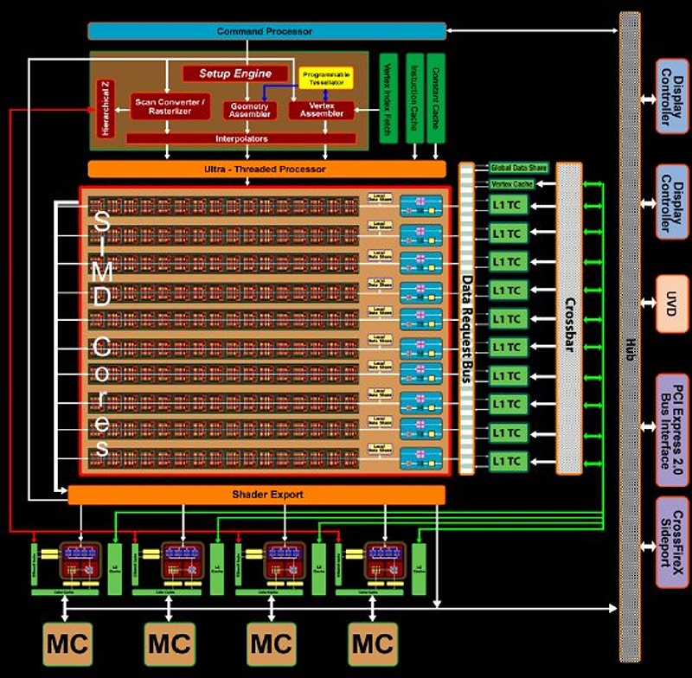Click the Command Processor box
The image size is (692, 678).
coord(266,31)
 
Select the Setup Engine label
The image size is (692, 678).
coord(235,74)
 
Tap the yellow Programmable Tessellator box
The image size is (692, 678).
coord(324,79)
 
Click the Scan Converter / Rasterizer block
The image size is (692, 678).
coord(170,107)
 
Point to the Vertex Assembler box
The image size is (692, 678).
coord(322,110)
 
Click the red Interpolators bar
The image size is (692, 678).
coord(241,138)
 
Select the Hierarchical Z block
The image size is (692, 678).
coord(106,107)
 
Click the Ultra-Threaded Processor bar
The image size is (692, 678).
coord(266,169)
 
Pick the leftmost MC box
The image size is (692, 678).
coord(67,643)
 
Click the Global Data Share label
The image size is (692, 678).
coord(519,168)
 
